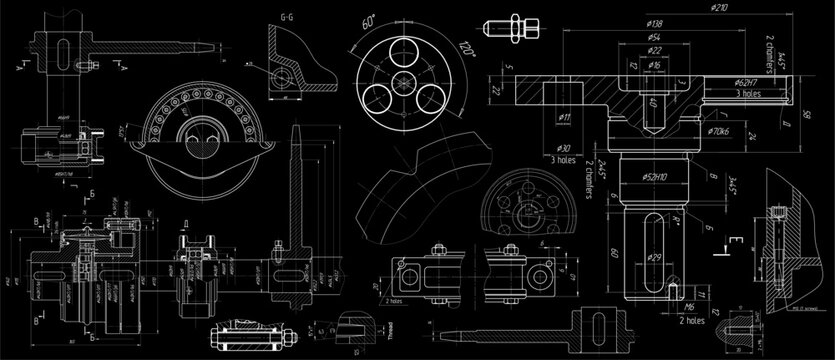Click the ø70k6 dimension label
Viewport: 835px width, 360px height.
tap(719, 130)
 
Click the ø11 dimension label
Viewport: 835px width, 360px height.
tap(564, 118)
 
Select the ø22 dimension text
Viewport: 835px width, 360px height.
tap(656, 49)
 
